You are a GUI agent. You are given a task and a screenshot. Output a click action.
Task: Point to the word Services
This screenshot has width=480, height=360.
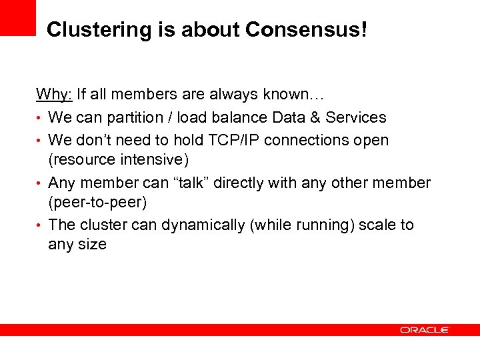[353, 118]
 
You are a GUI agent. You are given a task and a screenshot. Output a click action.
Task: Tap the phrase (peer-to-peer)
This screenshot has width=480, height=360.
[97, 202]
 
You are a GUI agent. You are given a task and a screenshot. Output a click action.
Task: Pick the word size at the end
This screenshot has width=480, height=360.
[93, 245]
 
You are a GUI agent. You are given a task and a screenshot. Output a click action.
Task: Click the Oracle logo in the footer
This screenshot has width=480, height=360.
[425, 329]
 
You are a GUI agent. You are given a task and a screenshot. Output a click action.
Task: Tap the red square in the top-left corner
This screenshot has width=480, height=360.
[17, 17]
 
